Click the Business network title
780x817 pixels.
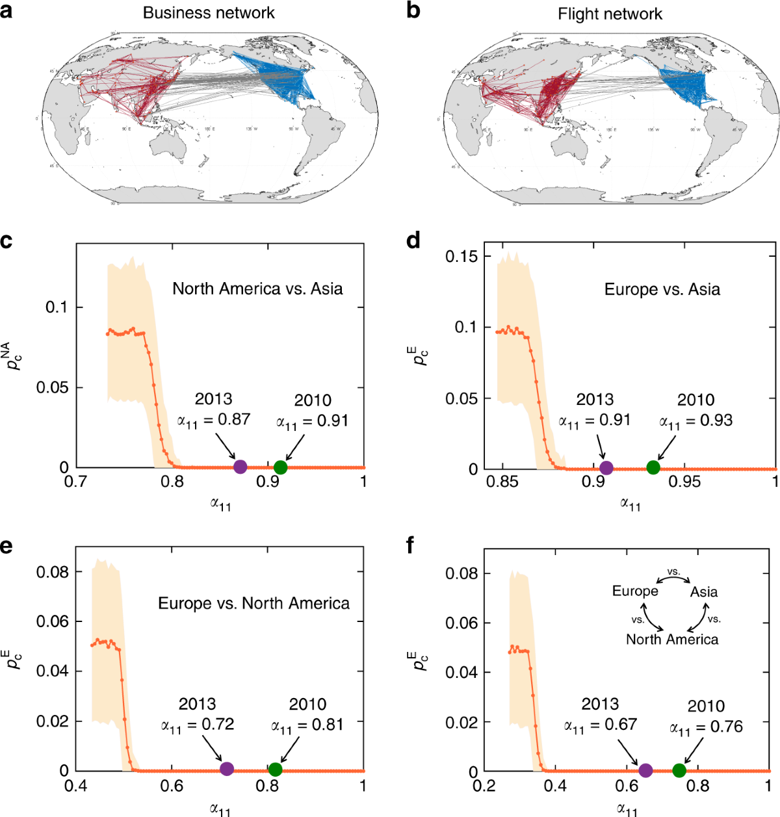209,13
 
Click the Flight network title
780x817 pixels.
610,14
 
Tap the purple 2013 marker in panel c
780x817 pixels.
240,466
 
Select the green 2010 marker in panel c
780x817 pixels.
280,467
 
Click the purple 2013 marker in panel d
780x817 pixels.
606,467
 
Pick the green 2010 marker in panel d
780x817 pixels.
653,467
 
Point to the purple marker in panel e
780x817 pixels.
226,769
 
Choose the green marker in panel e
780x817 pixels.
275,770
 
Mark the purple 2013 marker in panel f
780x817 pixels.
645,770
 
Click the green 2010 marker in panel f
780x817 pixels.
679,770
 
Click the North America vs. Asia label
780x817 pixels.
257,289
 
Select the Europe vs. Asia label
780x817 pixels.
662,289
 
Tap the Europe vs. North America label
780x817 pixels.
253,603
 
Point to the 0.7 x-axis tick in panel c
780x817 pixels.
77,482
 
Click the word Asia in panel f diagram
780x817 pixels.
703,592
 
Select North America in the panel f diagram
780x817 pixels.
672,640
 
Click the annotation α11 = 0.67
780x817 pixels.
600,725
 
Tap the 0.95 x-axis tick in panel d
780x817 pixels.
684,482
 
